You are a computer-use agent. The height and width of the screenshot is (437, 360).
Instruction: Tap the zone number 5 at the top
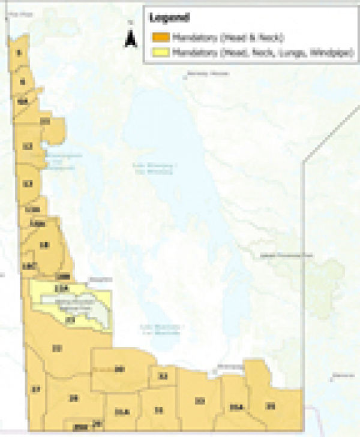click(19, 53)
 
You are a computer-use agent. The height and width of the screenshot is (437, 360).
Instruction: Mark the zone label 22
click(57, 348)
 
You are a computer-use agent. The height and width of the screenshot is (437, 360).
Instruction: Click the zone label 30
click(119, 369)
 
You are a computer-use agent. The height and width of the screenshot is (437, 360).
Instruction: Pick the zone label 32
click(163, 376)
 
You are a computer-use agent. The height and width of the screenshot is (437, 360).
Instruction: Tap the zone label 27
click(36, 390)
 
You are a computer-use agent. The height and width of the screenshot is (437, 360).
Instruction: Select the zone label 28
click(74, 398)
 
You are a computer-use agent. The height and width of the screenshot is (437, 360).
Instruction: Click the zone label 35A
click(235, 408)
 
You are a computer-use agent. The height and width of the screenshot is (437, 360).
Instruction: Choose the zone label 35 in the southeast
click(271, 406)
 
